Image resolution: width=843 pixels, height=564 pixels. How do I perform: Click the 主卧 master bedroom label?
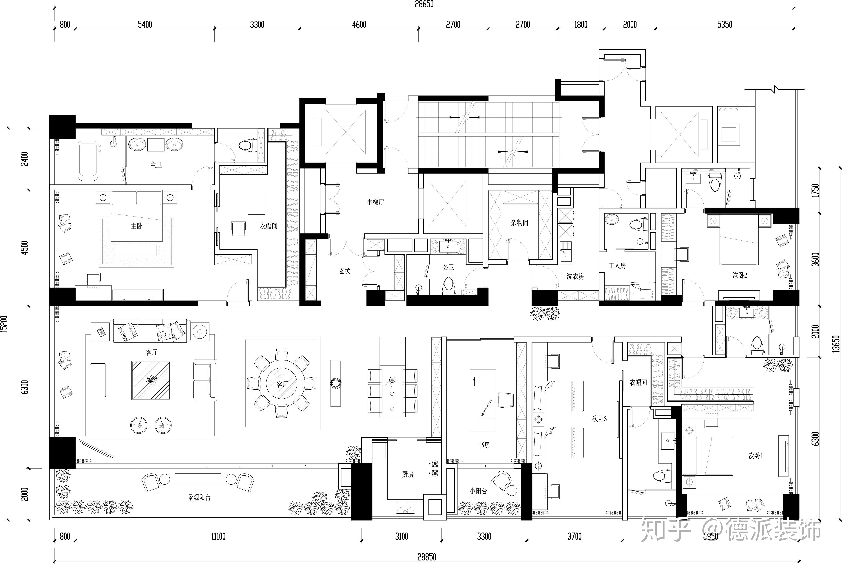tap(137, 226)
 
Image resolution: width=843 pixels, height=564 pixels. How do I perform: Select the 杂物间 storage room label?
tap(519, 223)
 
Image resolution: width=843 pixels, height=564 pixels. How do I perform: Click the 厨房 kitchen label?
tap(408, 475)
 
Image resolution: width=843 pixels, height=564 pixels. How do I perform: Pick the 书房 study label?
tap(484, 445)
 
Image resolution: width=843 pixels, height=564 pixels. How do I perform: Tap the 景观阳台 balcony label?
tap(199, 497)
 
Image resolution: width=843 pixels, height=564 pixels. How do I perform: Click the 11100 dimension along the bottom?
tap(218, 536)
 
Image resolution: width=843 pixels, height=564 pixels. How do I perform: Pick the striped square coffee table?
tap(151, 380)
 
